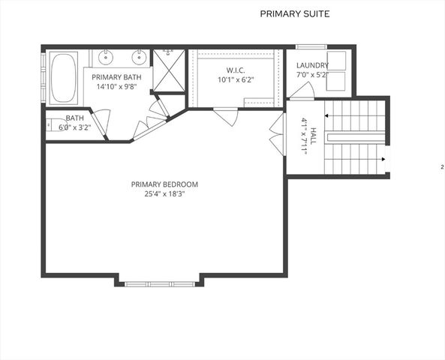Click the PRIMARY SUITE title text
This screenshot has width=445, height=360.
point(294,13)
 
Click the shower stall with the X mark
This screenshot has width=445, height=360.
point(168,70)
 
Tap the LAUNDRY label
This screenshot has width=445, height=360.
point(312,65)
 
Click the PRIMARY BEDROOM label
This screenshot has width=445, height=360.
point(164,184)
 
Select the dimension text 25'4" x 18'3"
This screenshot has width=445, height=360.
point(164,193)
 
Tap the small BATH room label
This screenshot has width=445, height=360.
point(74,118)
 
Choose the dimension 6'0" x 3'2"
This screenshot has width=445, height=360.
point(74,127)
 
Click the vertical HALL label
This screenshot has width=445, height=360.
point(308,135)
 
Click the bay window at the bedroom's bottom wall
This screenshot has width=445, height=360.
point(159,283)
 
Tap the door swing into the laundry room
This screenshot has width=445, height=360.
point(302,91)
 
